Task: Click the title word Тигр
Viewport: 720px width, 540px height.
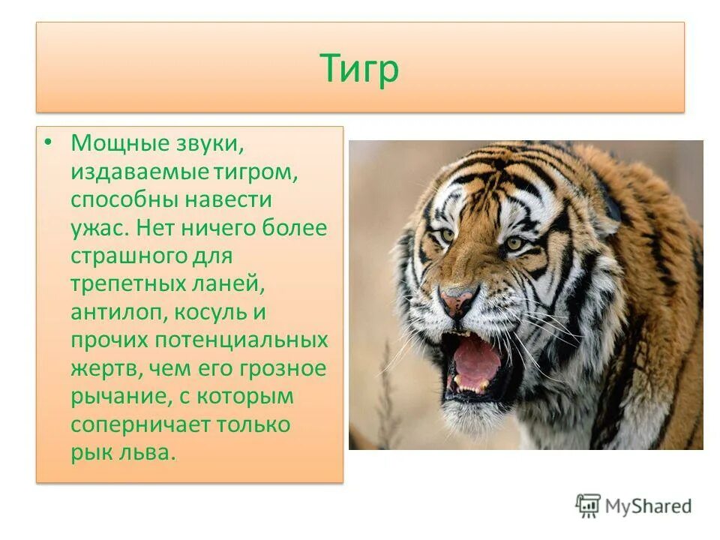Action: pyautogui.click(x=359, y=68)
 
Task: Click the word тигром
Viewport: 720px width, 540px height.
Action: pyautogui.click(x=259, y=172)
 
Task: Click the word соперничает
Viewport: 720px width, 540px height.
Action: pyautogui.click(x=139, y=424)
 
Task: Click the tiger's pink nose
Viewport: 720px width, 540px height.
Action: pyautogui.click(x=457, y=301)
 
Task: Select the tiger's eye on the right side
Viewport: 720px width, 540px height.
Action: pyautogui.click(x=514, y=244)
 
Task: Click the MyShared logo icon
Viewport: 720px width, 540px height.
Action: pyautogui.click(x=588, y=506)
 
